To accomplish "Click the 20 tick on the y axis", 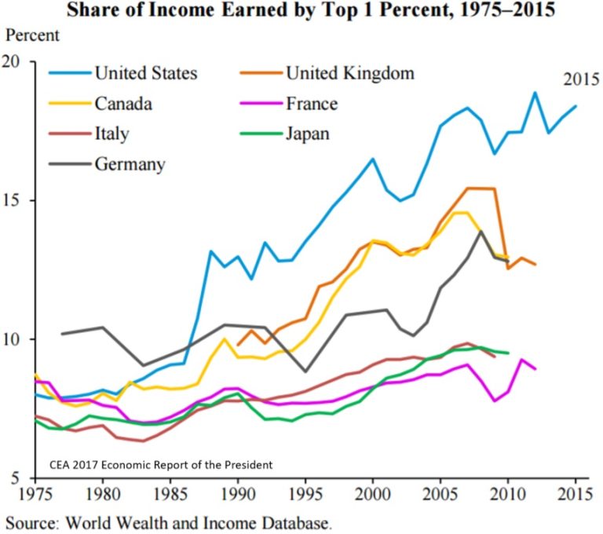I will (16, 62).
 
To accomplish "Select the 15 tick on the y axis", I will (16, 201).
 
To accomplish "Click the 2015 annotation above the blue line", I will (580, 79).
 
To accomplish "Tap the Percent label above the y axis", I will (33, 35).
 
